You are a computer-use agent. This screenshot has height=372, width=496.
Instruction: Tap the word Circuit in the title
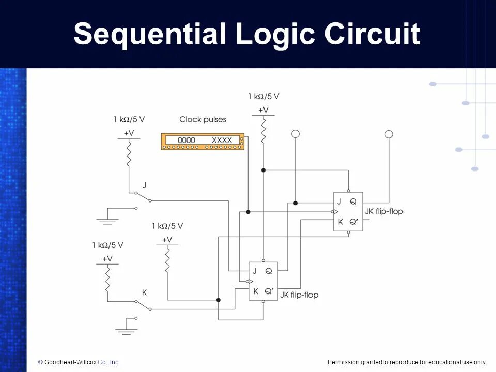372,34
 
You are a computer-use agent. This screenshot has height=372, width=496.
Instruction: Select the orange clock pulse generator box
203,142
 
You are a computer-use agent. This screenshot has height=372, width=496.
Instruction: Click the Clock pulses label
203,119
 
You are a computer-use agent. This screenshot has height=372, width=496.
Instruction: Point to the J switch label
144,184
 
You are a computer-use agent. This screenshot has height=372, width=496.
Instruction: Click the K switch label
144,292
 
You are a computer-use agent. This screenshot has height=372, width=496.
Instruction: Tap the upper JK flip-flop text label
384,211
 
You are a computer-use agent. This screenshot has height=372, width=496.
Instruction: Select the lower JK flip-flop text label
299,295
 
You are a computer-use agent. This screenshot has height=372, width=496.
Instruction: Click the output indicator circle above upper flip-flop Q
389,134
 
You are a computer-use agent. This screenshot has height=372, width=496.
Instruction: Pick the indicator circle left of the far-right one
296,134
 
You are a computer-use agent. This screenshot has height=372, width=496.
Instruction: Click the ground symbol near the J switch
107,220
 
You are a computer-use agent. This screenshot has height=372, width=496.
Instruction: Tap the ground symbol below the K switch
126,330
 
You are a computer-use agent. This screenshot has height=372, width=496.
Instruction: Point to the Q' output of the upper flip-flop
354,222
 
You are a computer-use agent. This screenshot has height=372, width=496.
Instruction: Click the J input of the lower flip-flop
254,271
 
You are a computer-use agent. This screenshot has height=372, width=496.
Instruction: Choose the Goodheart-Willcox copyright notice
79,362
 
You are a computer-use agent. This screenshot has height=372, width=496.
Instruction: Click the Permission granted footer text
407,362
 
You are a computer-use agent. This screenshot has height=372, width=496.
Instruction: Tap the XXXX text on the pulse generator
222,140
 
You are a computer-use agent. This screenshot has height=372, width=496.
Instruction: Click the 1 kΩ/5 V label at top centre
263,96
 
